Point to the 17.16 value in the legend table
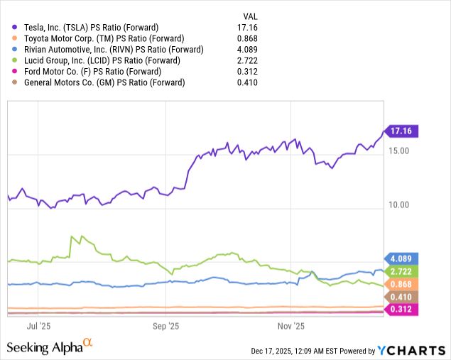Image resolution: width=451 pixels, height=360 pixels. coord(246,26)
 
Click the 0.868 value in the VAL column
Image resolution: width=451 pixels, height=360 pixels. coord(246,38)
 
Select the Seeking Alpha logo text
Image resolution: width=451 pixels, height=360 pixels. coord(44,347)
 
